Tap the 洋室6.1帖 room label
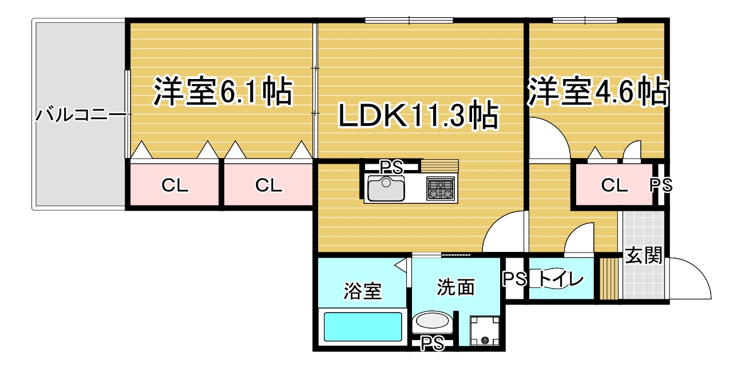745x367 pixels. point(223,92)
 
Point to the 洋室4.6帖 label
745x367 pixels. point(598,92)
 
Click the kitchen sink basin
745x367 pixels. point(386,188)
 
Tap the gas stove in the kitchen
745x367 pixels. point(441,188)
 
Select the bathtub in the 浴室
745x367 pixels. point(363,326)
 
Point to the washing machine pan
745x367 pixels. point(485,331)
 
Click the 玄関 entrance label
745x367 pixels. point(644,255)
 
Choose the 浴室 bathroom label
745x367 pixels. point(363,291)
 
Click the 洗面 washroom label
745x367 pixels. point(455,287)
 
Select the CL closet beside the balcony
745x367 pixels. point(175,186)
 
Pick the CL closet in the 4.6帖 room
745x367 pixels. point(615,186)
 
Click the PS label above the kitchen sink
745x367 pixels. point(391,167)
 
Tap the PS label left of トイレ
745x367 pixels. point(514,279)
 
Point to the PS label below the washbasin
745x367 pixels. point(433,344)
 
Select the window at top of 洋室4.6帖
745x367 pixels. point(585,20)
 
